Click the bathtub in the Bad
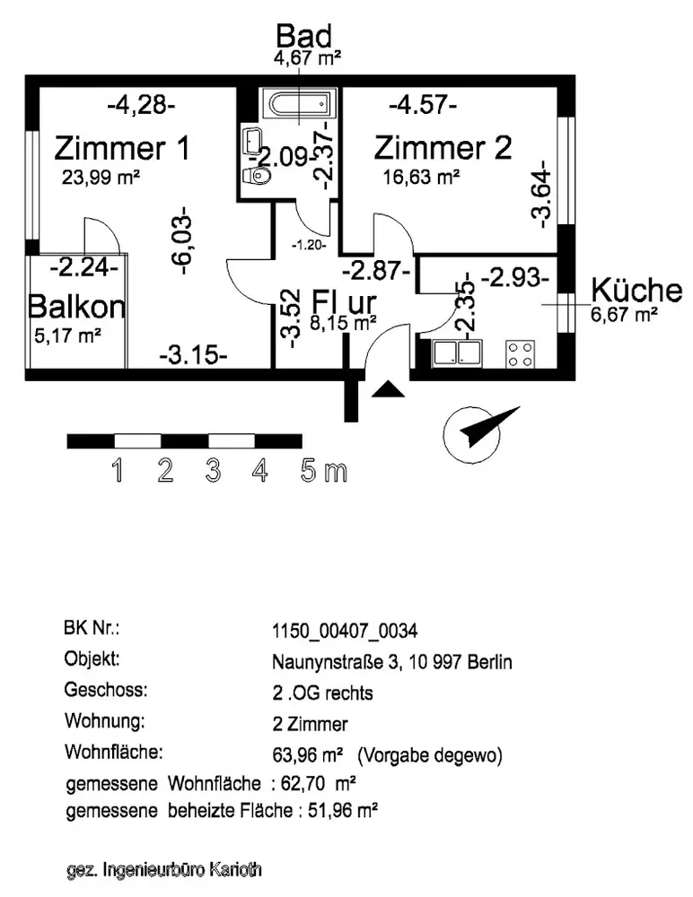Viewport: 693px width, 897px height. (297, 106)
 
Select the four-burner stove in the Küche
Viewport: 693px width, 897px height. (519, 353)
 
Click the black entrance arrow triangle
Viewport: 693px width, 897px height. (387, 389)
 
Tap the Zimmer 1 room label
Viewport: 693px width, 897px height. (122, 146)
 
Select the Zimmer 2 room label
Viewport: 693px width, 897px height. (443, 146)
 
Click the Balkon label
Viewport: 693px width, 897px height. (76, 307)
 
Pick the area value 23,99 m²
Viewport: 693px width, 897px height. (100, 177)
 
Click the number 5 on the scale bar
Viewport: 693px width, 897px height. (310, 471)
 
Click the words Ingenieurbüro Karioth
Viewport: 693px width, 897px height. (184, 869)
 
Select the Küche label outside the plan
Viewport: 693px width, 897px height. (636, 290)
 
